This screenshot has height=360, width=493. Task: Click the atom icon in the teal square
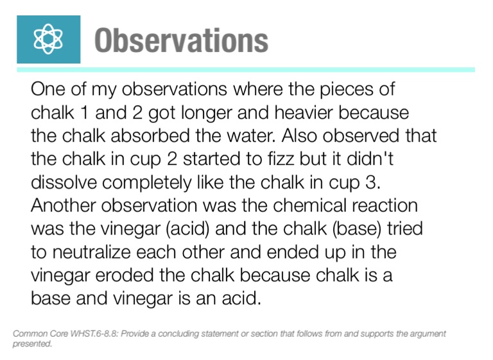click(49, 40)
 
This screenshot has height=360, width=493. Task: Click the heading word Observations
click(181, 40)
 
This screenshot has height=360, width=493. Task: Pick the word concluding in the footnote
click(179, 334)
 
